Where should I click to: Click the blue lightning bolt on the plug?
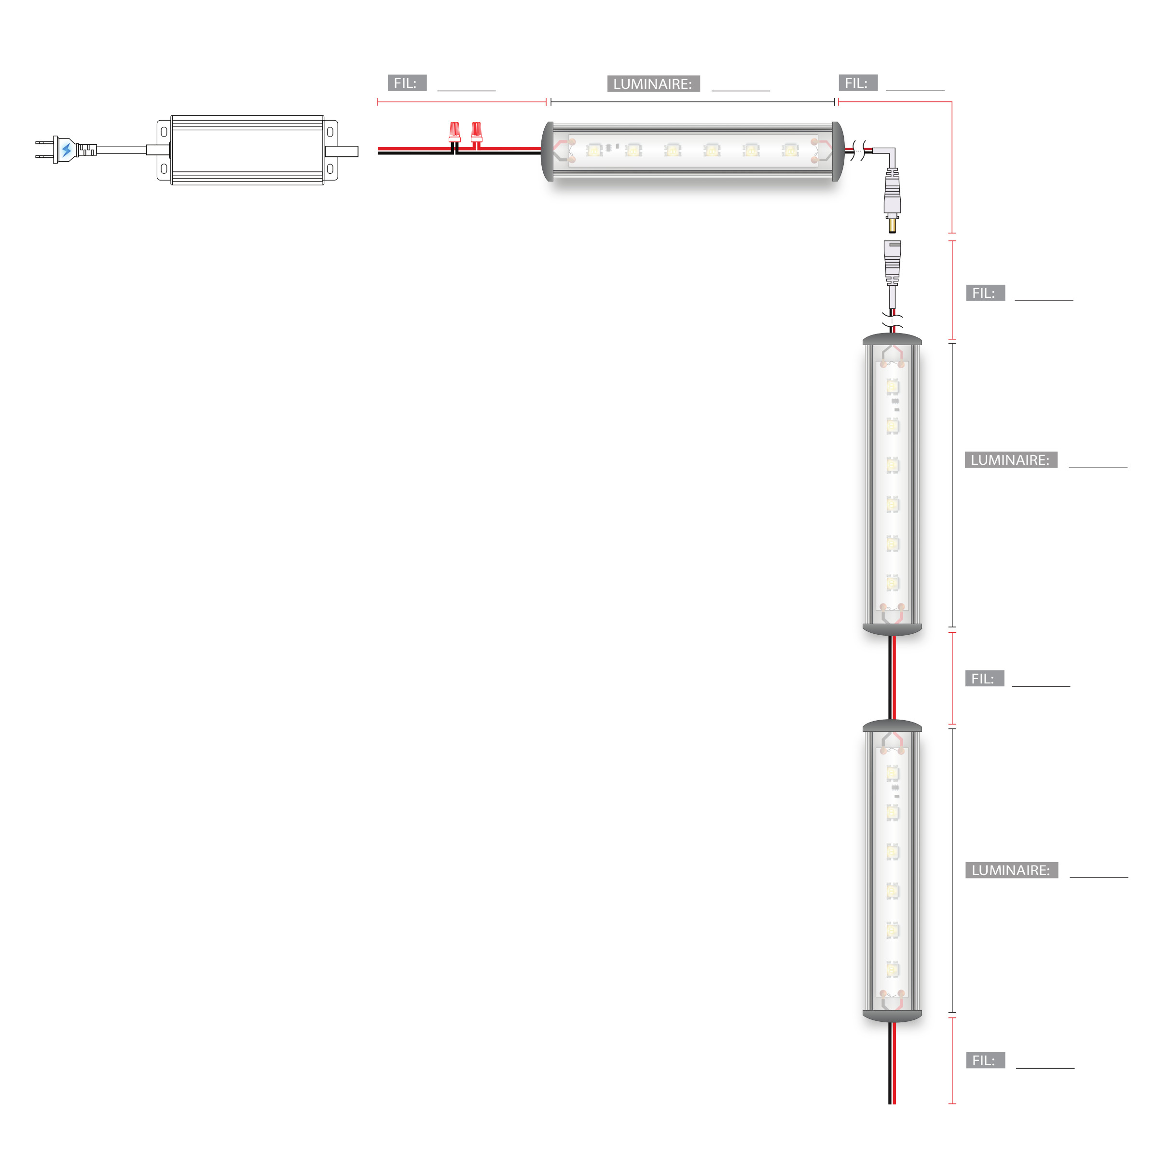click(67, 150)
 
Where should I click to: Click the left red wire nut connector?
click(455, 132)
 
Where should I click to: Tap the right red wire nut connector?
click(476, 132)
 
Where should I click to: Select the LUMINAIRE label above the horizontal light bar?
click(653, 84)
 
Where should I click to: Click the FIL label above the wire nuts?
click(407, 83)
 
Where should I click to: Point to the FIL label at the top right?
click(858, 83)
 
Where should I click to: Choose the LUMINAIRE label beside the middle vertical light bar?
click(1011, 460)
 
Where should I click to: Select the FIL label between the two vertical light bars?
click(984, 679)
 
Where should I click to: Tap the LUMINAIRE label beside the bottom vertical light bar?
click(1012, 870)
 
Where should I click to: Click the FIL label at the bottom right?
click(986, 1061)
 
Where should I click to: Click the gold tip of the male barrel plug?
click(892, 225)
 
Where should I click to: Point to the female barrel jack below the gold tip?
click(892, 264)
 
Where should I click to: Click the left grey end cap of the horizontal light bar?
click(547, 152)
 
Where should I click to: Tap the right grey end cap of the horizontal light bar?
click(838, 152)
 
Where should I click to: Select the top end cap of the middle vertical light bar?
click(892, 339)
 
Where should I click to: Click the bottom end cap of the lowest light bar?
click(892, 1017)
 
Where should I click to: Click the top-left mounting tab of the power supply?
click(164, 132)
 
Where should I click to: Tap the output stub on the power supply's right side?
click(342, 152)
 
